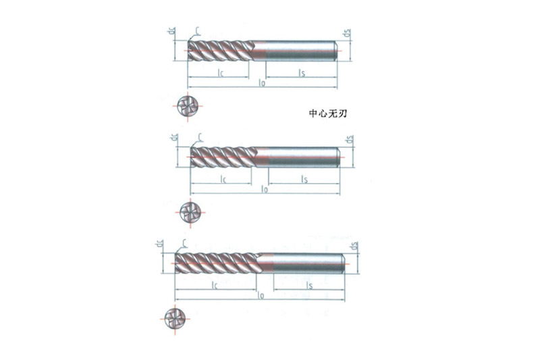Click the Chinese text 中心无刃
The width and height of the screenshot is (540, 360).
click(327, 114)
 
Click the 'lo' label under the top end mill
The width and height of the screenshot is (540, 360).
click(262, 83)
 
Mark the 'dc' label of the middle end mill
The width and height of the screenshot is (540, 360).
click(175, 138)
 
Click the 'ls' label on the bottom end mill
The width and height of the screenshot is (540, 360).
click(309, 286)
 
